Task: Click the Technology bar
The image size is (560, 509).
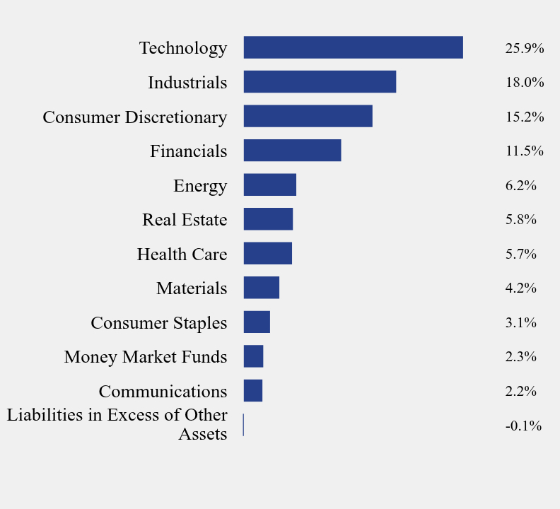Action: [x=353, y=47]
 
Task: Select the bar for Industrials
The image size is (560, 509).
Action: [x=320, y=82]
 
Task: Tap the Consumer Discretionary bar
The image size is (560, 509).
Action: [x=308, y=116]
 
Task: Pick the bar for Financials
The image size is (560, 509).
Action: [x=292, y=151]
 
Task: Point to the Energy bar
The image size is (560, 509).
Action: [x=269, y=185]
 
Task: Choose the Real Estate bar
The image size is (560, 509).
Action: [x=268, y=219]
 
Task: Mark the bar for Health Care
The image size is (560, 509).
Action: [x=267, y=253]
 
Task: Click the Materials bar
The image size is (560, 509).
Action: [x=261, y=288]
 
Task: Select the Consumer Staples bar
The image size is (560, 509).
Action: [x=257, y=322]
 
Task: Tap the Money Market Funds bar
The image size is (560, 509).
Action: [x=253, y=356]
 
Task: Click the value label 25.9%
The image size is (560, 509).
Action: [x=524, y=48]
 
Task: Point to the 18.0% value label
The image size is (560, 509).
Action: [x=524, y=82]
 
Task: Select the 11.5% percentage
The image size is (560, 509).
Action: [x=524, y=151]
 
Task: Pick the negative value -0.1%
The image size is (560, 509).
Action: [x=523, y=426]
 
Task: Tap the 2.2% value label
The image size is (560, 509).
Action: [x=520, y=391]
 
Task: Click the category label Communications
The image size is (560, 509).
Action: [x=163, y=391]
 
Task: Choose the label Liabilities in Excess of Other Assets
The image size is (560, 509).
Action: [x=117, y=424]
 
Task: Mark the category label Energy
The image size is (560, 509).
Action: [x=200, y=185]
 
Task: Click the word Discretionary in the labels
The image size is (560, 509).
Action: [x=176, y=117]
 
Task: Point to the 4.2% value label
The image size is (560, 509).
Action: [x=520, y=288]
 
